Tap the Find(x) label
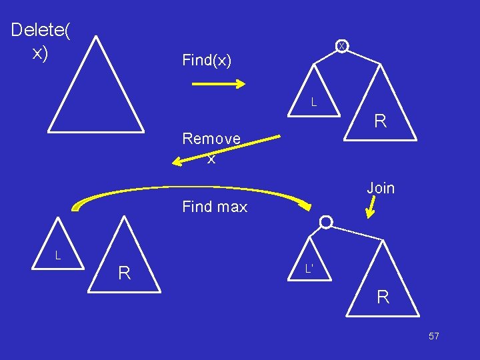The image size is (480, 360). pos(207,61)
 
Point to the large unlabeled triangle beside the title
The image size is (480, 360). pos(96,93)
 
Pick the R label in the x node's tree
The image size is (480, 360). pos(380,121)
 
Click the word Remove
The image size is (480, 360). pos(211,139)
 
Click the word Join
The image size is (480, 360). pos(381,188)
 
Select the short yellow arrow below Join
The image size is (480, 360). pos(372,209)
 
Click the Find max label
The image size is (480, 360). pos(215,207)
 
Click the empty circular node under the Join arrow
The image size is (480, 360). pos(326,222)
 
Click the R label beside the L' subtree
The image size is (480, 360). pos(383,297)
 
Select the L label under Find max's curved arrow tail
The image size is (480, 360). pos(58,255)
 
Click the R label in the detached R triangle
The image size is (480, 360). pos(124,273)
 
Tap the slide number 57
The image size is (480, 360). pos(433,337)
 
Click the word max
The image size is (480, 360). pos(231,207)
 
